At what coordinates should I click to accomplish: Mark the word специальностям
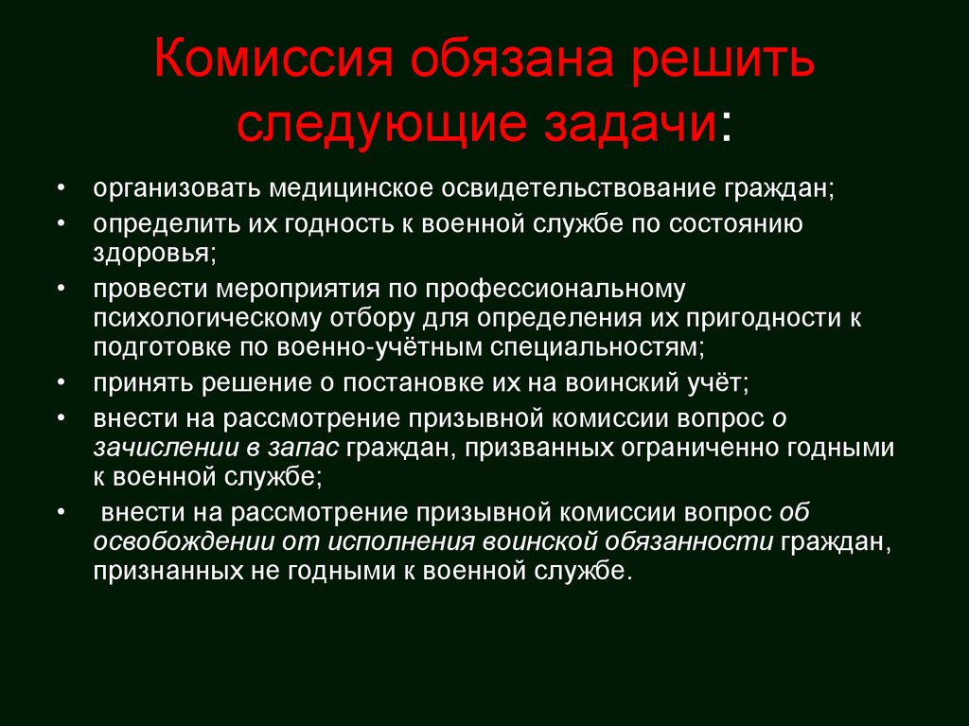[x=597, y=348]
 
